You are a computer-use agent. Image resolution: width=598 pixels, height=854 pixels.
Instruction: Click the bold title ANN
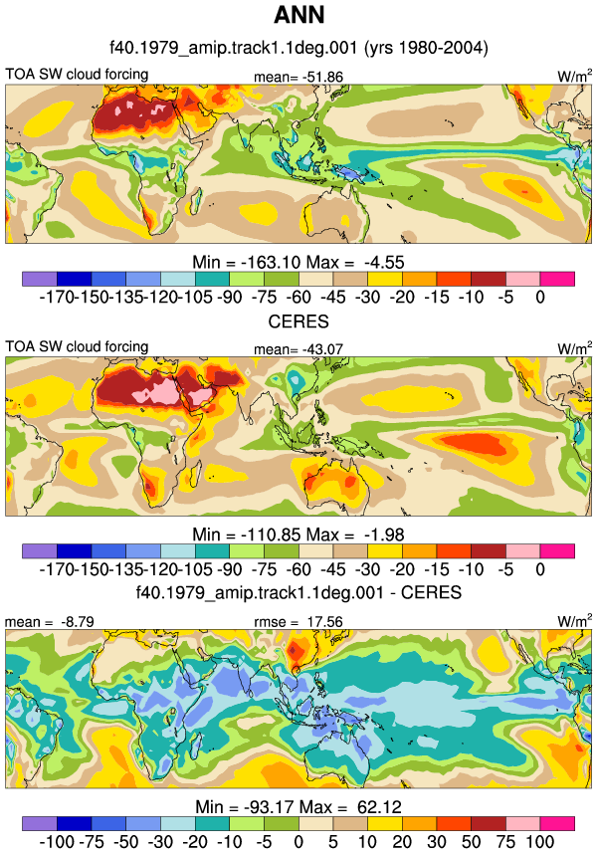299,15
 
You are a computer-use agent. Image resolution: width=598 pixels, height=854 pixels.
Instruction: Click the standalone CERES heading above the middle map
299,321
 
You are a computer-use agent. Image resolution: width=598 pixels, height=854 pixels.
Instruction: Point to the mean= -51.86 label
299,77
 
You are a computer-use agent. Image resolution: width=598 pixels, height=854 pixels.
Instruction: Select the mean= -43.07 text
299,349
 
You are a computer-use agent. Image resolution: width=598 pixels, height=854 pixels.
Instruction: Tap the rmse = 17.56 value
299,621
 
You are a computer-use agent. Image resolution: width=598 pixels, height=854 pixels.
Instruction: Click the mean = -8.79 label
50,621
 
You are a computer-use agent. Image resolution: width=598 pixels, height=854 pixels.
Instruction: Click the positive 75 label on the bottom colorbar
505,841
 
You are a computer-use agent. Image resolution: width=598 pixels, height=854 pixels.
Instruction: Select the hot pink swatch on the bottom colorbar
557,823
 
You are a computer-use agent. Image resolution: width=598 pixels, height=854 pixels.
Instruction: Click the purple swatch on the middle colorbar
40,550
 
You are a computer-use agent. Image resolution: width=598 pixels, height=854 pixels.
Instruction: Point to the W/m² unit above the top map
574,76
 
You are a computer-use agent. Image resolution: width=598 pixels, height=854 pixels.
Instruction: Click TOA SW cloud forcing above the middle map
77,346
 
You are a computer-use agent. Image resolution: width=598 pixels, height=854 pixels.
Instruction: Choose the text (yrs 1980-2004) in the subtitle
426,48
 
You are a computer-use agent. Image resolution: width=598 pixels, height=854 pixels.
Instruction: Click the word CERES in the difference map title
432,592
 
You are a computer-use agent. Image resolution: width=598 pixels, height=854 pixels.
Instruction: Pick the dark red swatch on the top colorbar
489,279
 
